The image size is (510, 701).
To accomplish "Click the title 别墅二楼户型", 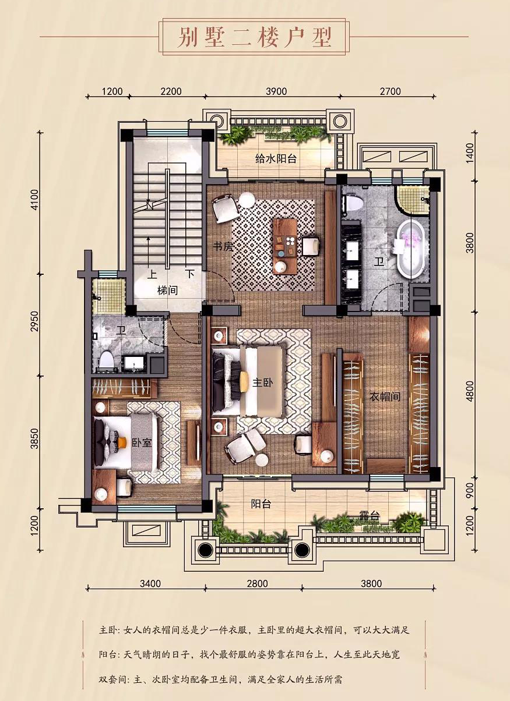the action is [x=254, y=37].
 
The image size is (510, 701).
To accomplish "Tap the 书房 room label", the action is [x=223, y=247].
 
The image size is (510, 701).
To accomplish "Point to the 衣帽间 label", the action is [x=385, y=397].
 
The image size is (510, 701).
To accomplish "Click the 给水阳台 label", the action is [x=276, y=159].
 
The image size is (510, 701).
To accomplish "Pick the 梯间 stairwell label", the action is [x=168, y=291].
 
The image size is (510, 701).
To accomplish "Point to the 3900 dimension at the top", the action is [x=276, y=91].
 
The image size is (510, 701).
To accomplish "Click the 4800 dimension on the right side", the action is [x=470, y=396].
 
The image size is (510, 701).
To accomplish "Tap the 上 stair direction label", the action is [x=152, y=274].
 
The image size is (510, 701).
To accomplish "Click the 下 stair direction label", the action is [x=190, y=274].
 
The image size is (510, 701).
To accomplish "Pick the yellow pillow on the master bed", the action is [x=244, y=381].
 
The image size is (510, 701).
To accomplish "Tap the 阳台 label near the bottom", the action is [x=261, y=504].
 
